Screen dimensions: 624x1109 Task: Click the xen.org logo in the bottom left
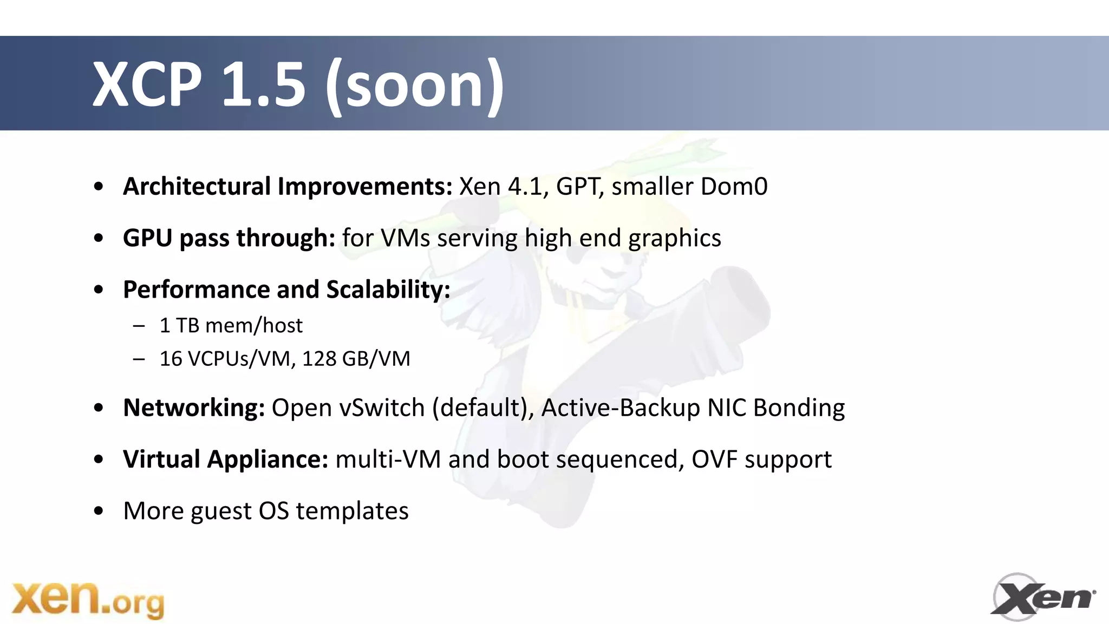coord(88,600)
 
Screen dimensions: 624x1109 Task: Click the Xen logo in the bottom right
coord(1043,597)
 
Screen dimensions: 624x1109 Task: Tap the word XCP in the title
coord(147,84)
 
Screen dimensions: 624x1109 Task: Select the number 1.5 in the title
coord(264,84)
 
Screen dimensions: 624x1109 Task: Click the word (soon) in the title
coord(415,86)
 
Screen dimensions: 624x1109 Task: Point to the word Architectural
coord(197,186)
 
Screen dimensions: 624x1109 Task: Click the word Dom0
coord(734,186)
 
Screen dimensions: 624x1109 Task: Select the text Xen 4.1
coord(500,186)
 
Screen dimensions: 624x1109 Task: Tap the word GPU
coord(147,238)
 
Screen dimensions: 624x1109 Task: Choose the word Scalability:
coord(388,290)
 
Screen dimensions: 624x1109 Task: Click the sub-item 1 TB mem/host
coord(231,326)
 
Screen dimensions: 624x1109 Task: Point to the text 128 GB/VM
coord(356,359)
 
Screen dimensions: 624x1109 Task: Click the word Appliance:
coord(268,459)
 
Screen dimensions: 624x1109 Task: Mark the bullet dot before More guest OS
coord(98,511)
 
